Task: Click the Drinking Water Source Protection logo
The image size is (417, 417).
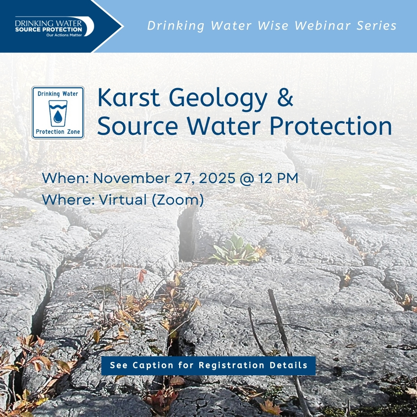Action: [x=54, y=26]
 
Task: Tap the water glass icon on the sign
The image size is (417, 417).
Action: [x=58, y=113]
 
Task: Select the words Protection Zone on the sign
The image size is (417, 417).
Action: [x=58, y=132]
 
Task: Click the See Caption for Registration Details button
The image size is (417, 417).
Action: [x=208, y=365]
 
